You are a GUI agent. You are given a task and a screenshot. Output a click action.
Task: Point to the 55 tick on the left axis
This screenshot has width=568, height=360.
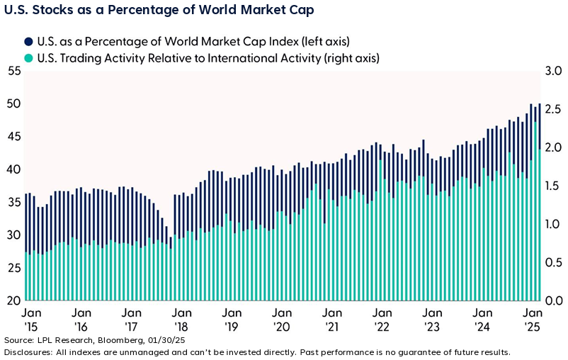tap(13, 71)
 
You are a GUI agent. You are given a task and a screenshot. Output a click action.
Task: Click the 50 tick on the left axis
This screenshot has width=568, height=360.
tap(13, 103)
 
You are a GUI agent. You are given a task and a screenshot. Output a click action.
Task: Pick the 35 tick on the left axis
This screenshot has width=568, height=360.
tap(13, 202)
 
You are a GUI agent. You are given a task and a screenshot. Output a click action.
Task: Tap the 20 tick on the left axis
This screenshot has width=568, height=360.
tap(13, 300)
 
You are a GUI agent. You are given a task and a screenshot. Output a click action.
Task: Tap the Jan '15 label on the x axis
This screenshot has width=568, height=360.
tap(30, 320)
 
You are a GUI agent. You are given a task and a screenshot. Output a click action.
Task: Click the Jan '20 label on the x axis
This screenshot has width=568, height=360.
tap(283, 320)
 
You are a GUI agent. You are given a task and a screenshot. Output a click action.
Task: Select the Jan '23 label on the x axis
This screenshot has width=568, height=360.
tap(433, 320)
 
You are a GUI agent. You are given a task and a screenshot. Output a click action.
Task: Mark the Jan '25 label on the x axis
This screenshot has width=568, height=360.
tap(533, 320)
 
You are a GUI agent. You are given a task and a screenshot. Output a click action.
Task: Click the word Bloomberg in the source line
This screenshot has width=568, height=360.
tap(107, 341)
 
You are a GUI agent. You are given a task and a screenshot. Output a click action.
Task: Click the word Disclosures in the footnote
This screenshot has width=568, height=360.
tap(28, 351)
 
